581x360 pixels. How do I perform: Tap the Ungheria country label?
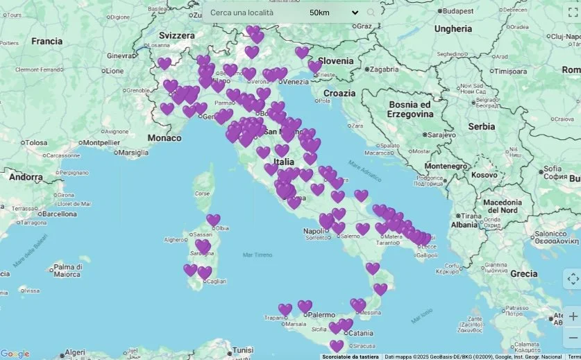pos(453,29)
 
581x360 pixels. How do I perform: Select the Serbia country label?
pos(481,127)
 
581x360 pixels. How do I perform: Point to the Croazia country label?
pos(339,93)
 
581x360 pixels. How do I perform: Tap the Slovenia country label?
pos(336,61)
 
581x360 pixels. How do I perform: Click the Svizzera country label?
pos(176,35)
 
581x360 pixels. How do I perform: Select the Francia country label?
pos(47,42)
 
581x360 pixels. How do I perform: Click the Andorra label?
pos(26,177)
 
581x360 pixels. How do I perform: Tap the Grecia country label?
pos(523,274)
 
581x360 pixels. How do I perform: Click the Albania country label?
pos(464,225)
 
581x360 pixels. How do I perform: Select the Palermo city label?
pos(321,314)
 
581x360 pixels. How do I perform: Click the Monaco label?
pos(165,138)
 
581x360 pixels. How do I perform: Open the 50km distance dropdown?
pos(334,12)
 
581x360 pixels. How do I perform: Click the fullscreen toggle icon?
pos(572,12)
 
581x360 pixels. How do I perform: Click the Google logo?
pos(15,354)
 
